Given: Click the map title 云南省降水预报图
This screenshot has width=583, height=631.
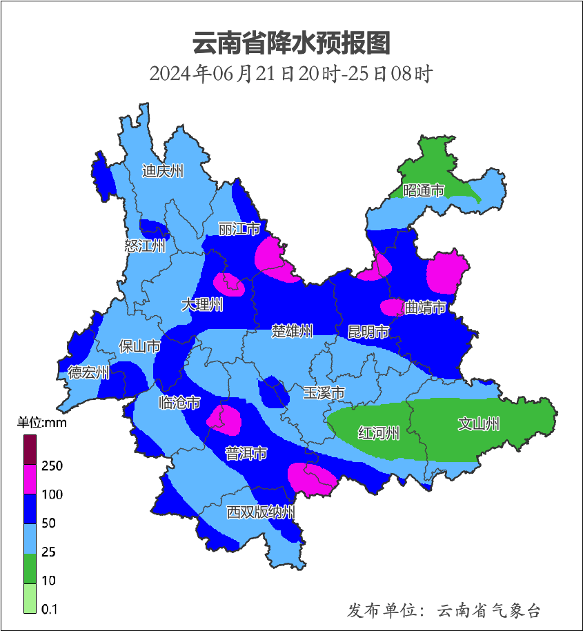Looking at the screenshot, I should tap(291, 43).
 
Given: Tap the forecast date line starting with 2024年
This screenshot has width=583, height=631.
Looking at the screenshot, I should tap(291, 73).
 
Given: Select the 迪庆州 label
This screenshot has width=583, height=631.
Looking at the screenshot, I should tap(163, 171).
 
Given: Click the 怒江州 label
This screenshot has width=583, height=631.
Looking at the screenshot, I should tap(145, 246).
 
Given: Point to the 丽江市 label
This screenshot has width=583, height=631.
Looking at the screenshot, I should tap(239, 228).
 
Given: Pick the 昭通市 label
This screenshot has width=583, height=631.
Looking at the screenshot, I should tap(424, 190).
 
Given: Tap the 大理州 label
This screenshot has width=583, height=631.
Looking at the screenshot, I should tap(202, 304).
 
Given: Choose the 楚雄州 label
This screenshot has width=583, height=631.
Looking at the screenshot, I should tap(292, 331).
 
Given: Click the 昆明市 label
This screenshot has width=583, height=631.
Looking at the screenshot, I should tap(368, 332).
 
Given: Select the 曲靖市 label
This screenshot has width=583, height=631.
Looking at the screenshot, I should tap(425, 307).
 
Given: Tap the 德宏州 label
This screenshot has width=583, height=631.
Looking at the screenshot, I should tap(88, 373).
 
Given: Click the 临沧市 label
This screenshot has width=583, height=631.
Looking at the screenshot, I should tap(179, 403).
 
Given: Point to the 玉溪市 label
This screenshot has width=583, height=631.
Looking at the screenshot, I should tap(324, 393).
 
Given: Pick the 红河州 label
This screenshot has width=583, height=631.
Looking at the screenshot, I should tap(379, 433).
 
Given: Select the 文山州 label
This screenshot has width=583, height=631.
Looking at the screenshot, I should tap(479, 424).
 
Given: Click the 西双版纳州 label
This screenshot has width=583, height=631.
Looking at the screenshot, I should tap(261, 512).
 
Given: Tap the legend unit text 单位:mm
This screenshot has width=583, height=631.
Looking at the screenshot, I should tap(41, 423).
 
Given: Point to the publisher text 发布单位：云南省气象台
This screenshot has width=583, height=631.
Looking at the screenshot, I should tap(444, 610).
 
